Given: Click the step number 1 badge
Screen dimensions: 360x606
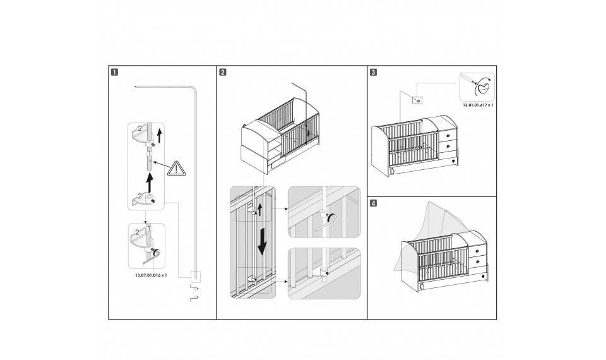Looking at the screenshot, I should tap(114, 71).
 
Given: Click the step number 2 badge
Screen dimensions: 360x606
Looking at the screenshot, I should tap(222, 71).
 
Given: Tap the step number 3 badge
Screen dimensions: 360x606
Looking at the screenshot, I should tap(373, 71).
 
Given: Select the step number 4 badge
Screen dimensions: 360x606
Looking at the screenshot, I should tap(373, 203).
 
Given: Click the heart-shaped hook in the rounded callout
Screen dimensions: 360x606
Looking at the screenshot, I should tap(484, 86).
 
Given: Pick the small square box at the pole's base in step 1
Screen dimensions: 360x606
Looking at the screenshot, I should tap(195, 275).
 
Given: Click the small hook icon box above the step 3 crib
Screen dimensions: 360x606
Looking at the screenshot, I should tap(417, 99).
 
